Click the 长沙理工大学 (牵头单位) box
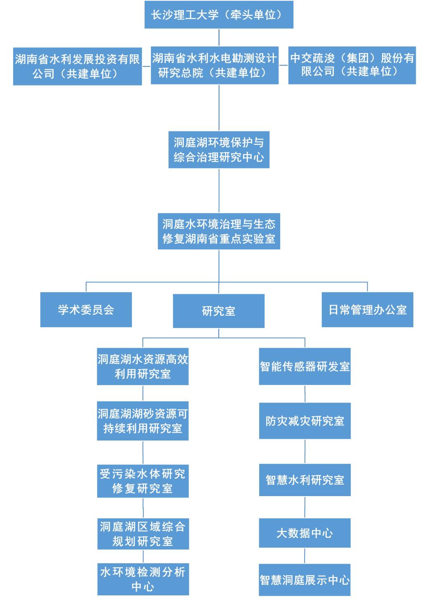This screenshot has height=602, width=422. (x=218, y=15)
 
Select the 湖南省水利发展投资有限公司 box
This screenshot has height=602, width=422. (x=77, y=66)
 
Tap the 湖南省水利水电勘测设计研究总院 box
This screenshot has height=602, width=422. (x=214, y=66)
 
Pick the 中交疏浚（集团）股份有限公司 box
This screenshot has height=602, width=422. (x=352, y=65)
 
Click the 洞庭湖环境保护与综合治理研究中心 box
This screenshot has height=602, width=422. (x=219, y=150)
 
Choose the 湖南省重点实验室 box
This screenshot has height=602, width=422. (x=219, y=231)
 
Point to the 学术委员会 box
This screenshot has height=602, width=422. (x=86, y=310)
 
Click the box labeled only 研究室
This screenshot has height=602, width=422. (x=218, y=311)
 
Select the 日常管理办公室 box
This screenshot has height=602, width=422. (x=367, y=310)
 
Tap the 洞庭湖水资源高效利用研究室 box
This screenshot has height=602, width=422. (x=143, y=366)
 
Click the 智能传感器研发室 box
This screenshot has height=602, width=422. (x=305, y=366)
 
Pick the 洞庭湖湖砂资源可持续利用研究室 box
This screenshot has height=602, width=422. (x=143, y=421)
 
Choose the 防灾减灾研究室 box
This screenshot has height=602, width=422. (x=305, y=421)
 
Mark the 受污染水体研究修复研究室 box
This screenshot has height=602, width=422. (x=143, y=481)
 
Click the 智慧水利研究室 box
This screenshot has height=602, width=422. (x=305, y=480)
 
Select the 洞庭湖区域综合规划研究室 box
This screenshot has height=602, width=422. (x=143, y=534)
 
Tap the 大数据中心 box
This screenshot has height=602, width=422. (x=305, y=533)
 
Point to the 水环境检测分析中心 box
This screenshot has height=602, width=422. (x=143, y=579)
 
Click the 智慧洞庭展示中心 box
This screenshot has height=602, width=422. (x=305, y=580)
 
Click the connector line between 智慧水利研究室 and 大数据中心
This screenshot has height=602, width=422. (x=305, y=507)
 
